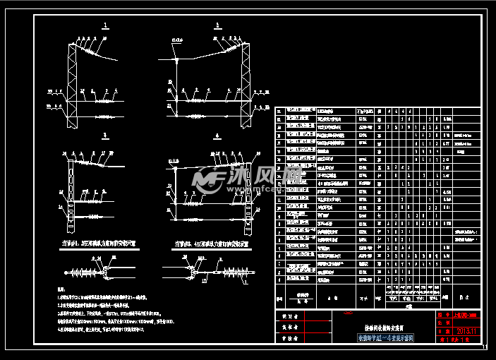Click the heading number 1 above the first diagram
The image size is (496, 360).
pos(105,25)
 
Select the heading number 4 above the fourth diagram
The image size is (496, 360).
pos(217,134)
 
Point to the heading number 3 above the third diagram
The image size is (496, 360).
pos(105,134)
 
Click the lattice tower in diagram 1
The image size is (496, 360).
pos(71,78)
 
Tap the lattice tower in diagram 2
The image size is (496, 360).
pos(245,78)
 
